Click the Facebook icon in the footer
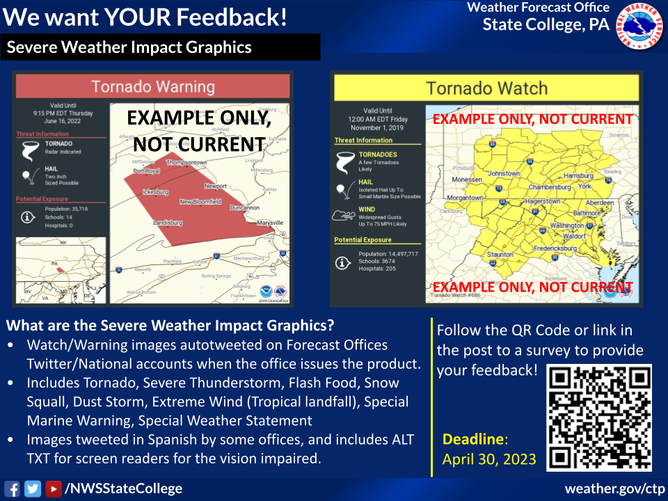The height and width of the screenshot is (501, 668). coord(12,488)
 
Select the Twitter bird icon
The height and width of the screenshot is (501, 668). coord(32,488)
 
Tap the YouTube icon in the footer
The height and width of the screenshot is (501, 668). coord(53,488)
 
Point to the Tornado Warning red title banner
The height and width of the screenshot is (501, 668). coord(152,86)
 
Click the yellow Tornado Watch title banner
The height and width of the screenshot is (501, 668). coord(486,88)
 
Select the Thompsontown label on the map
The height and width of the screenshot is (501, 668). coord(187,162)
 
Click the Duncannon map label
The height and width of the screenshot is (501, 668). coord(244,207)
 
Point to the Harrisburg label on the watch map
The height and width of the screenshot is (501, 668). coord(578,175)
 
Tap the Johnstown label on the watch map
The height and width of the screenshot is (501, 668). coord(504,173)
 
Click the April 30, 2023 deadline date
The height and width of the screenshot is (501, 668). coord(489,459)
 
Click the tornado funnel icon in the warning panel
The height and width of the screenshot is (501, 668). coord(27,150)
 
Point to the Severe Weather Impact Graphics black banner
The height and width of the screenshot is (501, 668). coord(160,47)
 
